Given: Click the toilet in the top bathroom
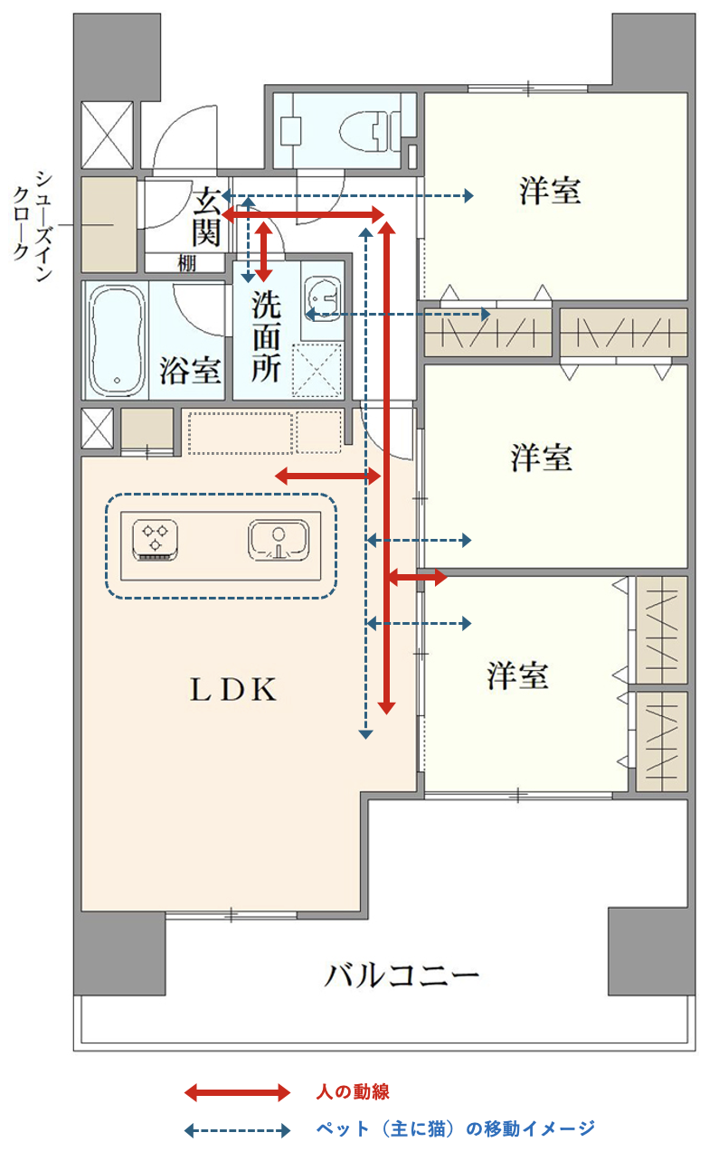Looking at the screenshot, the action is (x=364, y=130).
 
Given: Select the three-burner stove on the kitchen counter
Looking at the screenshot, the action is (x=156, y=541).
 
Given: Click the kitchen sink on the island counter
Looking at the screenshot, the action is (x=279, y=540).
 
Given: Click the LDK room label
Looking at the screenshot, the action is (x=233, y=690).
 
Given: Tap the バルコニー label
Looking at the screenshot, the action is (x=402, y=976).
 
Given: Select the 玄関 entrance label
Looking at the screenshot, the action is (x=207, y=216).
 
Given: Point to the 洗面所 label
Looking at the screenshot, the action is (x=267, y=337).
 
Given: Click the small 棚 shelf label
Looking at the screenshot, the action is (x=187, y=263).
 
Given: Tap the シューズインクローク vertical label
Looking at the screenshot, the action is (x=33, y=227).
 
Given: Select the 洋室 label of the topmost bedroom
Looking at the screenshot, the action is (x=551, y=191).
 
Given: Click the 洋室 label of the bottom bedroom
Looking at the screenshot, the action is (x=518, y=675).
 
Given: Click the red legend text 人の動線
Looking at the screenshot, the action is (x=353, y=1091).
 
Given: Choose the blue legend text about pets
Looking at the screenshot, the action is (x=456, y=1128).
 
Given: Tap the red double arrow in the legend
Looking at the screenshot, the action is (x=237, y=1092).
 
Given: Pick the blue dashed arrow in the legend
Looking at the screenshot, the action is (x=237, y=1130).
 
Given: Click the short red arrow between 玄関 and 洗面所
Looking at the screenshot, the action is (x=264, y=251).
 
